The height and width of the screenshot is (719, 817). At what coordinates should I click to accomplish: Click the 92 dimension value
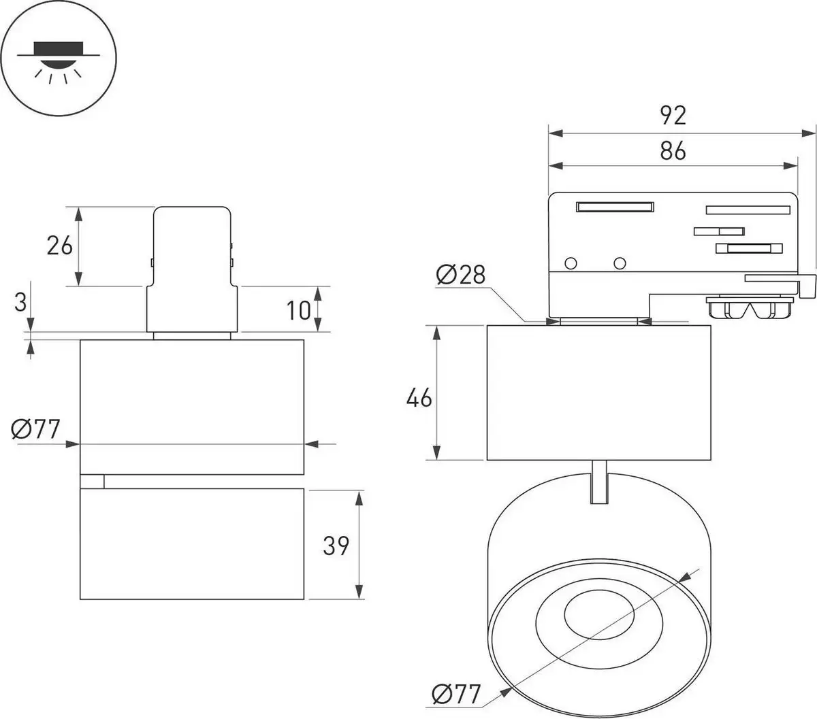click(673, 116)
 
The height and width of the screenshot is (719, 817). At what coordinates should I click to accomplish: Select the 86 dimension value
click(673, 150)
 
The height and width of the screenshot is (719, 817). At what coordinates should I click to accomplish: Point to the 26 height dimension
click(59, 245)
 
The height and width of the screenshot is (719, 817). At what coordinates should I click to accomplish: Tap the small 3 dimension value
click(21, 301)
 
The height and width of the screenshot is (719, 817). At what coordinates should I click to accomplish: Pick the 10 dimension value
click(298, 310)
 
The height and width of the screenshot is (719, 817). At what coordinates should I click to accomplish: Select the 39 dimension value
click(336, 545)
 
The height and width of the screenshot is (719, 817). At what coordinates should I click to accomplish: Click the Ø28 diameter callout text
click(461, 275)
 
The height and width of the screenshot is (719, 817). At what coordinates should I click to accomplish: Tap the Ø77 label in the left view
click(36, 429)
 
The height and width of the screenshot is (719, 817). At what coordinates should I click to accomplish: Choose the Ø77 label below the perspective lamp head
click(456, 695)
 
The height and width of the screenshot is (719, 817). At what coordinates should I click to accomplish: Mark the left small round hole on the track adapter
click(571, 263)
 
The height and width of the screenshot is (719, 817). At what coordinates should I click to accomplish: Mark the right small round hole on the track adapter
click(619, 263)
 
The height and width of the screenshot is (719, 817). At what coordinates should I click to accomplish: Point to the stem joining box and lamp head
click(598, 482)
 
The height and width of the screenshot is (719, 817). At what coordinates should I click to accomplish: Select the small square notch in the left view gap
click(92, 482)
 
